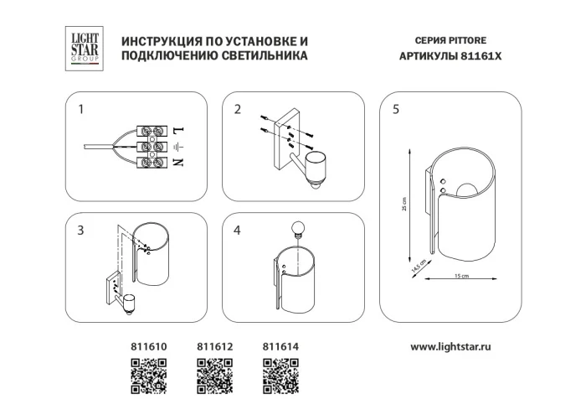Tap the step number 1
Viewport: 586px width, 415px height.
coord(81,109)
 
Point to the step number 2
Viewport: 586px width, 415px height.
coord(238,109)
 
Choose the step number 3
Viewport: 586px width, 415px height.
coord(81,231)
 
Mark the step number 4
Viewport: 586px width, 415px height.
coord(238,231)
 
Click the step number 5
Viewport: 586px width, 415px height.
coord(396,109)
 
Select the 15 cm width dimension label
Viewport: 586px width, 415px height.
coord(460,277)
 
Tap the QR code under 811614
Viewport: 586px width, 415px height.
coord(280,375)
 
